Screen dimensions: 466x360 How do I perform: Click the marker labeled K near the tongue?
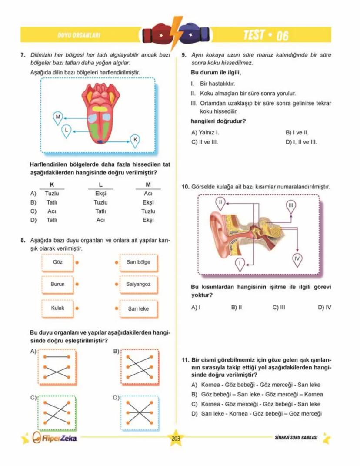click(x=135, y=140)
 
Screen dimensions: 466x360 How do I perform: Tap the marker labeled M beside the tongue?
click(x=58, y=117)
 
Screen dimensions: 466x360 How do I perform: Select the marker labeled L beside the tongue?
click(x=66, y=129)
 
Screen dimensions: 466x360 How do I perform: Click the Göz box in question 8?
click(x=57, y=262)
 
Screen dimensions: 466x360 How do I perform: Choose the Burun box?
click(x=57, y=284)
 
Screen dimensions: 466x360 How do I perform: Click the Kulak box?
click(x=57, y=308)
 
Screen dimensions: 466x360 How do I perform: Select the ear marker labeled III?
click(x=291, y=205)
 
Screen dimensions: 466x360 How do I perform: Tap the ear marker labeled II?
click(x=221, y=202)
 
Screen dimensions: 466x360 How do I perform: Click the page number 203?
click(x=176, y=439)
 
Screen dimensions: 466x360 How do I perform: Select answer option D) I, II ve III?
click(x=301, y=142)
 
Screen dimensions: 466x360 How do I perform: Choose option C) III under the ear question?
click(x=279, y=307)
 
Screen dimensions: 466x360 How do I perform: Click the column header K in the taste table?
click(x=52, y=185)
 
